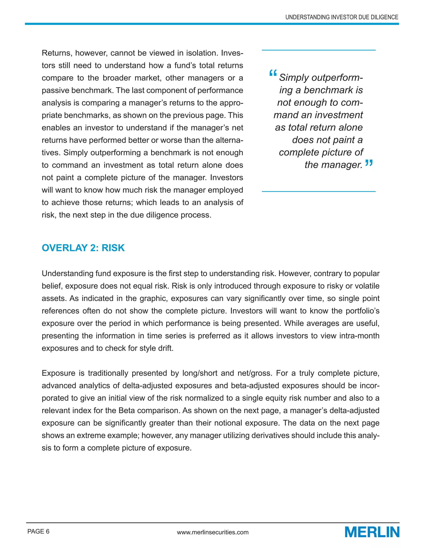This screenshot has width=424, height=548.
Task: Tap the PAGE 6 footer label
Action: pos(39,531)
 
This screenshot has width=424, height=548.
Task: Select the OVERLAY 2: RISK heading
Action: pos(83,248)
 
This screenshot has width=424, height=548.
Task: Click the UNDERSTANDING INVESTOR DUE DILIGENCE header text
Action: pos(342,17)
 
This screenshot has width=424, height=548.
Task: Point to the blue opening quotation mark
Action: pos(273,74)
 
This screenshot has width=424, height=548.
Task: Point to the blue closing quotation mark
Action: pos(369,163)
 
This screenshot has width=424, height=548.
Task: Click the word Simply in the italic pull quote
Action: pos(294,78)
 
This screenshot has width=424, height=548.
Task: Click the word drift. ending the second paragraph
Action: pos(166,348)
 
